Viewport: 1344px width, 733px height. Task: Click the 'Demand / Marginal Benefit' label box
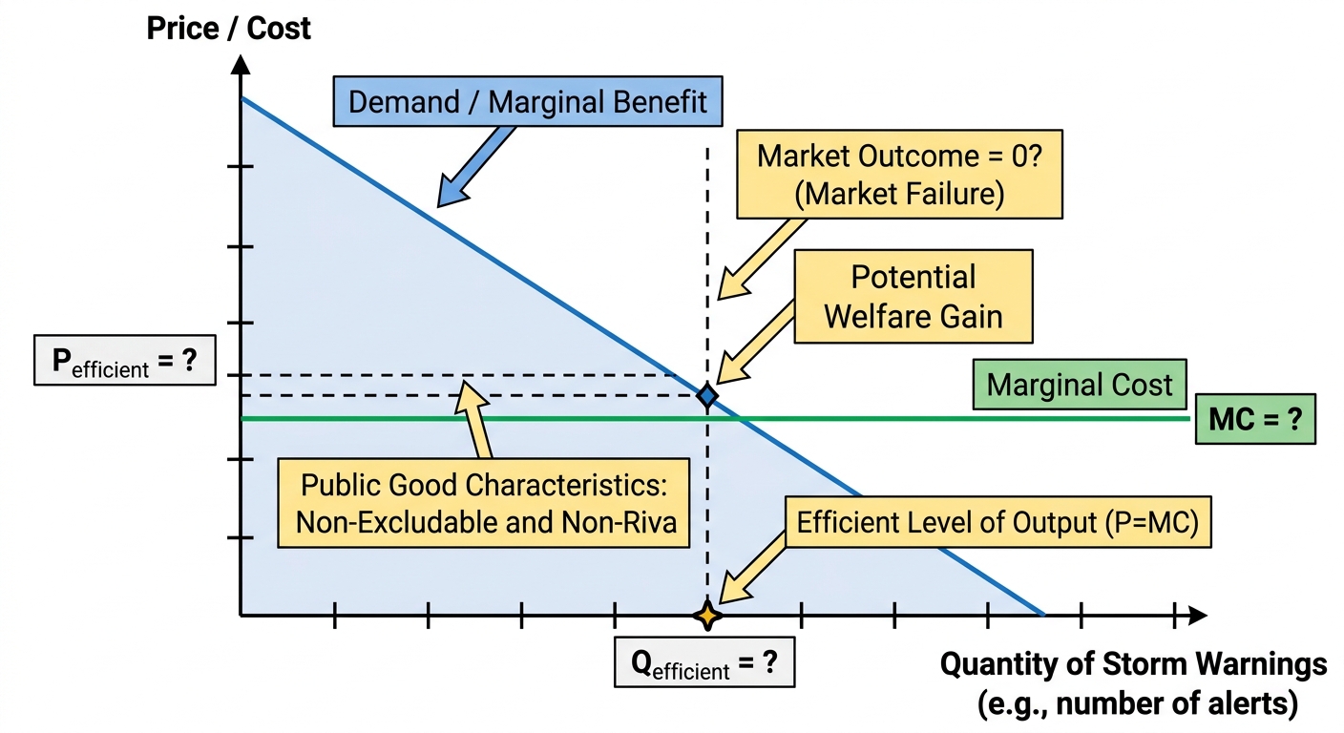coord(528,101)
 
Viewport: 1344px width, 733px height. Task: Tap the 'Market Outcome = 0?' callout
coord(899,174)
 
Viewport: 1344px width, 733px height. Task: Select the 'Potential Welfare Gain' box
coord(913,296)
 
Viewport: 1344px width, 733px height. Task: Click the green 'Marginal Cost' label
coord(1080,385)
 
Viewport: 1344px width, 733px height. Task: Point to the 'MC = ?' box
coord(1255,419)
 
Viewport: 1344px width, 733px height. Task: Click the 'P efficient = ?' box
coord(125,360)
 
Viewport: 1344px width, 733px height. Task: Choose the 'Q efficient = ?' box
coord(704,662)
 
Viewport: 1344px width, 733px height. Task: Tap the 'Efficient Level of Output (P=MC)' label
coord(997,522)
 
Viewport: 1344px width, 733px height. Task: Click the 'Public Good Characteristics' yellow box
coord(484,503)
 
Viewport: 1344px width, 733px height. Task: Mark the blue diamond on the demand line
coord(707,396)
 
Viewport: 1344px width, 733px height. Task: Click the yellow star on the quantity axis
coord(707,616)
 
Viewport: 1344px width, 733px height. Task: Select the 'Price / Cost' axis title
coord(228,29)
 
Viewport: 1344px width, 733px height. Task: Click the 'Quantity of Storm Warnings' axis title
coord(1133,664)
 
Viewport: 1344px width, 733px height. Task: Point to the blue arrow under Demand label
coord(475,166)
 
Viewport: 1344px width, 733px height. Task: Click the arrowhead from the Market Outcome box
coord(733,283)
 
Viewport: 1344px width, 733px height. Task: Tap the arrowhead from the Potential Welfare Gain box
coord(732,368)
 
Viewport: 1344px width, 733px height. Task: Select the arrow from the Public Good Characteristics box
coord(472,419)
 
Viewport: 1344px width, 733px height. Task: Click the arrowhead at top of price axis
coord(241,64)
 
